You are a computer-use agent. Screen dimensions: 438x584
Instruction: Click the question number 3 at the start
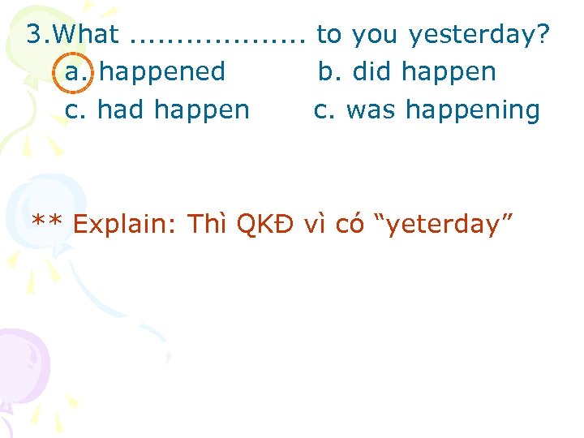point(36,34)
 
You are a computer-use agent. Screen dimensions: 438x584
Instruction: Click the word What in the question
point(88,34)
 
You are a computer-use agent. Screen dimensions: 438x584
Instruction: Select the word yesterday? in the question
point(479,34)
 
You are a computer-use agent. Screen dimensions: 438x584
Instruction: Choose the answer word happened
point(162,72)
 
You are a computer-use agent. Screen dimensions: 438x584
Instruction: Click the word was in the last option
point(369,109)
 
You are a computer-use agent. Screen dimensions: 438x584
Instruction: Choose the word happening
point(470,109)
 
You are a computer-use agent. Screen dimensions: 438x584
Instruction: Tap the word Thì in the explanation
point(208,222)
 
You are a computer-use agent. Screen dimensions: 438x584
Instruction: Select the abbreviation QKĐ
point(266,222)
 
